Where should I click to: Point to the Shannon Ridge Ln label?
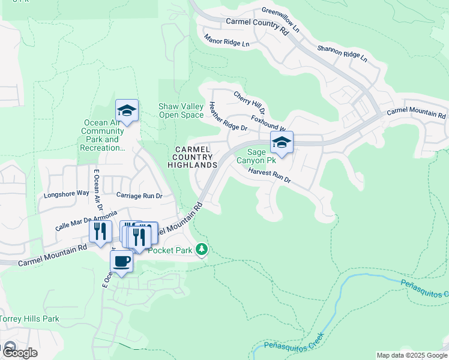coord(342,53)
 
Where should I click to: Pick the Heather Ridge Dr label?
coord(228,116)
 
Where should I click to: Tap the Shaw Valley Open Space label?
coord(181,110)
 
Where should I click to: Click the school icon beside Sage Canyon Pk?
coord(281,143)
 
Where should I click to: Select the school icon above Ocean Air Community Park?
coord(127,111)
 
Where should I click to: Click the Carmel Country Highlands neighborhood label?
coord(192,157)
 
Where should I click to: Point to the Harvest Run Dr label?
coord(269,175)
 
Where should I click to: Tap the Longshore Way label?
coord(66,194)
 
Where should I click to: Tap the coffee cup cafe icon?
coord(121,262)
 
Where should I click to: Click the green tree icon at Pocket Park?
coord(203,248)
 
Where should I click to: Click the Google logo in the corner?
coord(19,352)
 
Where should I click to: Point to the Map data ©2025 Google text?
coord(411,355)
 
